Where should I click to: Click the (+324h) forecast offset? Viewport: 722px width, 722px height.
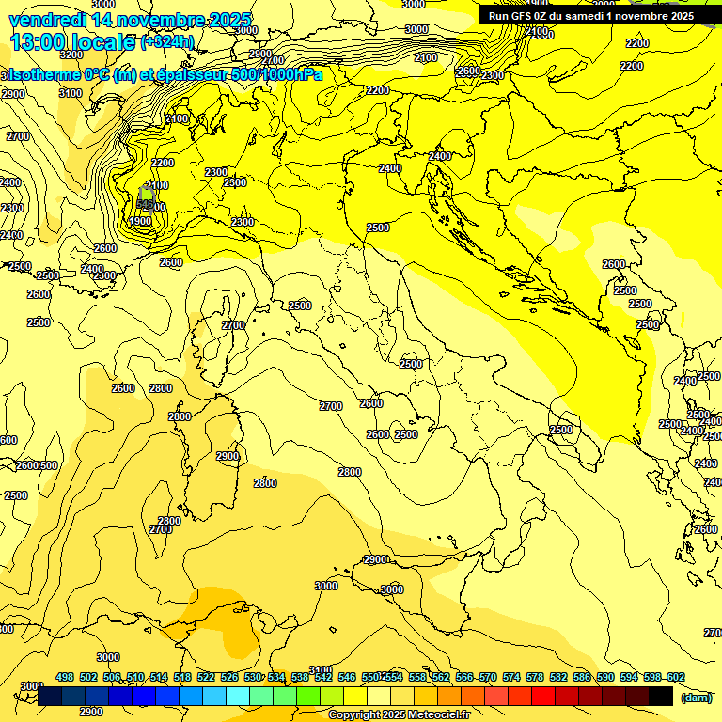click(x=167, y=42)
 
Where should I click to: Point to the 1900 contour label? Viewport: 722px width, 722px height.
click(x=140, y=221)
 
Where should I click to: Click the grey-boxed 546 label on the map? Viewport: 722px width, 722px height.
click(x=146, y=201)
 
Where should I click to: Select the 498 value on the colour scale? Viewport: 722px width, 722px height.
click(x=65, y=677)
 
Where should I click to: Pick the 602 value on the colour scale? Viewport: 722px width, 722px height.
click(x=676, y=677)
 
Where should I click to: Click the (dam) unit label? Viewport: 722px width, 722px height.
click(x=697, y=697)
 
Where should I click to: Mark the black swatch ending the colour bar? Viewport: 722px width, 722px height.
click(x=661, y=696)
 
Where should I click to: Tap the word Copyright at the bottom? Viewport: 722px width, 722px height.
click(x=354, y=715)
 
